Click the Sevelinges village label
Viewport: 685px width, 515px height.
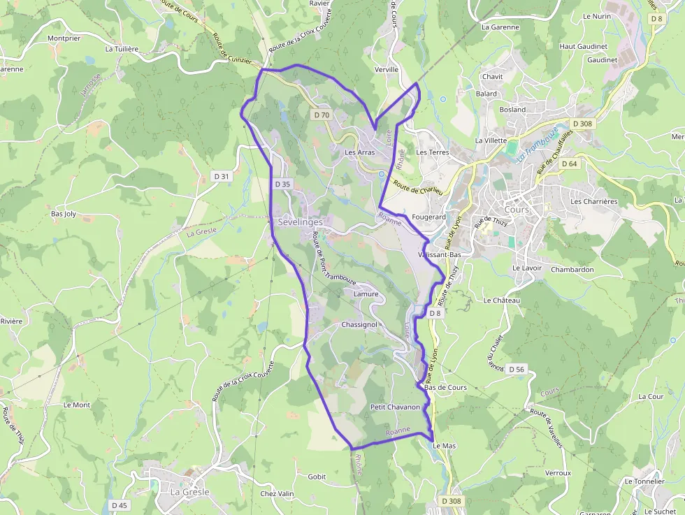pos(301,222)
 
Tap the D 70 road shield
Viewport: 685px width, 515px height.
pos(322,115)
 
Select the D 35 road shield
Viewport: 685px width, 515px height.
pos(282,184)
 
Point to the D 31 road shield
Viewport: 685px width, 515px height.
pos(220,177)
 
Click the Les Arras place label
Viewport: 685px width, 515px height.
pos(360,152)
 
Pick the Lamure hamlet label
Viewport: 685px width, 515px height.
pos(366,294)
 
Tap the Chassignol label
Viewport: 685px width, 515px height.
pos(359,325)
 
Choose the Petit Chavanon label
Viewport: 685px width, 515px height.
pos(395,407)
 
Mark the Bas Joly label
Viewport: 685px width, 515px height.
pos(64,214)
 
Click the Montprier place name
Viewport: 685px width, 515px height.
pos(64,38)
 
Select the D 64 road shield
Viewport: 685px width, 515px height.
pos(569,164)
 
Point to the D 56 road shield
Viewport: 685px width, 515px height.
pos(517,369)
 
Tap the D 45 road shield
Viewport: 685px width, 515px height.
pos(120,505)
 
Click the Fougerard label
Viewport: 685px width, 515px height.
pos(429,217)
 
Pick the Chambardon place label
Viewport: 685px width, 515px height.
pos(572,270)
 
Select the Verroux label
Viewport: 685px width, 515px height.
pos(558,473)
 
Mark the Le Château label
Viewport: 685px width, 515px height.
pos(502,300)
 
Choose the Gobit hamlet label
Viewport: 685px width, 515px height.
pos(317,477)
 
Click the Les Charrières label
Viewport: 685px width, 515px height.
pos(594,201)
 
